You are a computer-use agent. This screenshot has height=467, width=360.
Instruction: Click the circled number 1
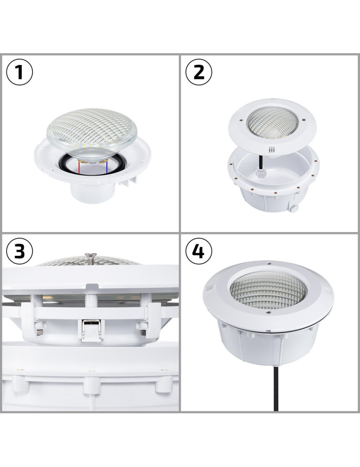20,72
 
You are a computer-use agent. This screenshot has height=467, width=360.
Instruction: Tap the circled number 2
199,72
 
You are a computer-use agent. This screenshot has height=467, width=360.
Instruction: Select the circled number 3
20,251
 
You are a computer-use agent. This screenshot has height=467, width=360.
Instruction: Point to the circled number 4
199,251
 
